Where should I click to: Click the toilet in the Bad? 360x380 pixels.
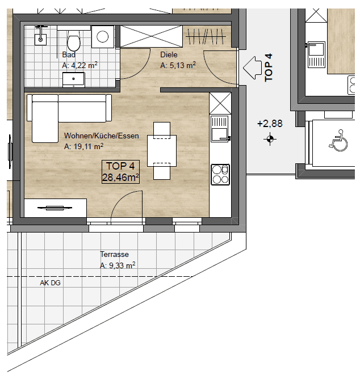pos(73,41)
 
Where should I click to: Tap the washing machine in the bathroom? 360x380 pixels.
pos(103,37)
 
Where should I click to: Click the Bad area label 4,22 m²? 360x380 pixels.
pos(80,65)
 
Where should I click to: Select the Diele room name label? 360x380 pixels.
pos(169,55)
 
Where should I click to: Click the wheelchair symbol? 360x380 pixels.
pos(338,140)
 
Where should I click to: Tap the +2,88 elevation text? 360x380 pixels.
pos(270,124)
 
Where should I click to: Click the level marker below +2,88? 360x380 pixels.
pos(270,139)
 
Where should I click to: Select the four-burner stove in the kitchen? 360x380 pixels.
pos(220,175)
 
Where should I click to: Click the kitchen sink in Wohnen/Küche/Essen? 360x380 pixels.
pos(220,129)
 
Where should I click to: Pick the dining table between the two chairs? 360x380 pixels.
pos(162,151)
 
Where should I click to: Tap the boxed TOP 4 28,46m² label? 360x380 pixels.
pos(120,172)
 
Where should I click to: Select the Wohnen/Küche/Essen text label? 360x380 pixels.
pos(102,136)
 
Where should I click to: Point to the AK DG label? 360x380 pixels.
pos(50,283)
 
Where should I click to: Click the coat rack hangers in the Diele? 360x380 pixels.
pos(206,36)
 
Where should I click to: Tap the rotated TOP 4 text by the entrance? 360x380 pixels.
pos(269,67)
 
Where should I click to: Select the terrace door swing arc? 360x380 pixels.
pos(120,198)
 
